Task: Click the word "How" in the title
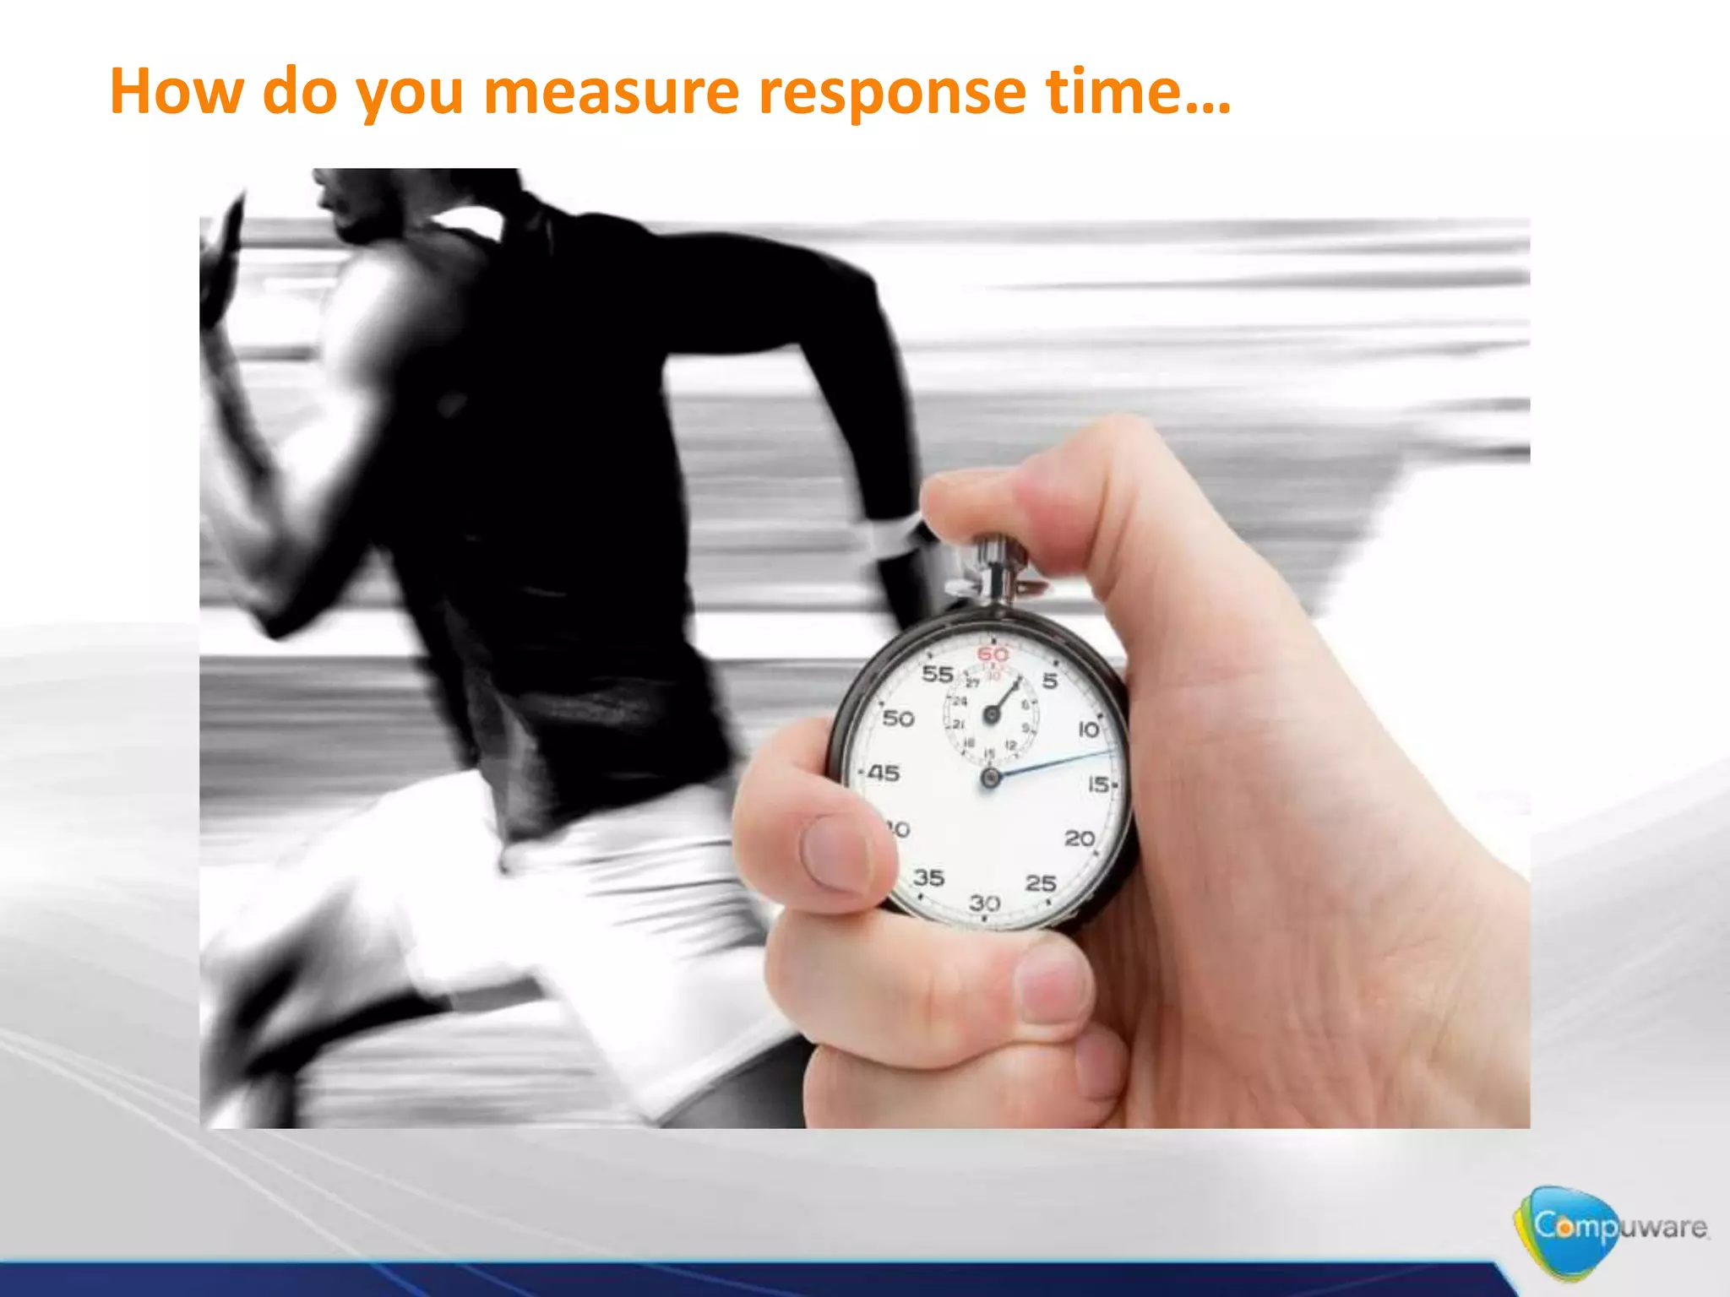[x=176, y=91]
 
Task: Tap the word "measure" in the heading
[x=611, y=91]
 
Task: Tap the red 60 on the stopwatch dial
[x=993, y=654]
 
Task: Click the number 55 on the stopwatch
[x=937, y=674]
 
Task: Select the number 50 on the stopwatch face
[x=898, y=719]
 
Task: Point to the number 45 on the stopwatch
[x=884, y=773]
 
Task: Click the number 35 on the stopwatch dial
[x=928, y=878]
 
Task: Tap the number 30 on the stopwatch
[x=985, y=904]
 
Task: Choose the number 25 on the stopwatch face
[x=1041, y=883]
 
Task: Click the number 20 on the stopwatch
[x=1080, y=838]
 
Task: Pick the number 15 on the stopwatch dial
[x=1099, y=784]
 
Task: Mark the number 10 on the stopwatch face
[x=1089, y=729]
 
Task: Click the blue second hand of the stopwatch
[x=1056, y=762]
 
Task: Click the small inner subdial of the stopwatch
[x=992, y=714]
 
